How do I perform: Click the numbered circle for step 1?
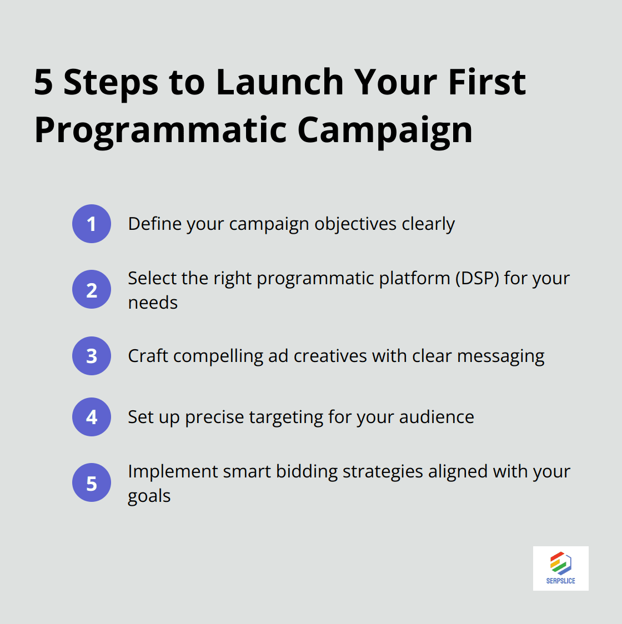[92, 224]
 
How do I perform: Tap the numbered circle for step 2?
[92, 289]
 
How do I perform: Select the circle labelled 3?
[92, 356]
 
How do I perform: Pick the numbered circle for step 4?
[92, 417]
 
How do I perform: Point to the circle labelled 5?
[92, 483]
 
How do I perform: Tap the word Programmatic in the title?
[160, 131]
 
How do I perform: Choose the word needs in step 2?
[153, 303]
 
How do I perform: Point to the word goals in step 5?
[149, 496]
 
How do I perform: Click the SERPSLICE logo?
[560, 568]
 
